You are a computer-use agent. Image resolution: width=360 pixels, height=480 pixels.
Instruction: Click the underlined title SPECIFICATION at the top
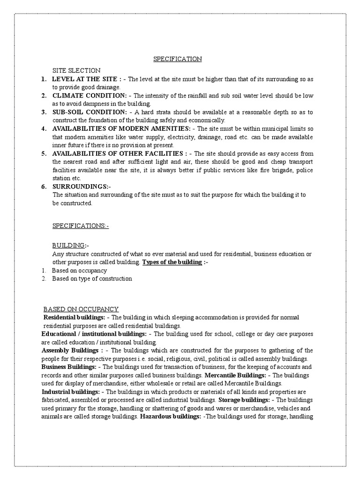pyautogui.click(x=178, y=59)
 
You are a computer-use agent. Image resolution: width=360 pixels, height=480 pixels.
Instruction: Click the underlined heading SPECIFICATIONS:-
pyautogui.click(x=81, y=226)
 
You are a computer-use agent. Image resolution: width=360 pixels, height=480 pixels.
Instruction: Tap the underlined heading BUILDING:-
pyautogui.click(x=70, y=246)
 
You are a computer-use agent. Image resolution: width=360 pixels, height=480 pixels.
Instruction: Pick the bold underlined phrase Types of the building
pyautogui.click(x=172, y=262)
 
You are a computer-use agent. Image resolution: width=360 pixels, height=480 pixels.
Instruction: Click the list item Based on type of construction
pyautogui.click(x=92, y=278)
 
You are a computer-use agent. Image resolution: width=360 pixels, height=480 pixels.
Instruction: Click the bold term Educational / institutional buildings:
pyautogui.click(x=94, y=334)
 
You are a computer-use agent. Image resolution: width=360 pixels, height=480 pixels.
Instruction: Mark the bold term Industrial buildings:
pyautogui.click(x=70, y=391)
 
